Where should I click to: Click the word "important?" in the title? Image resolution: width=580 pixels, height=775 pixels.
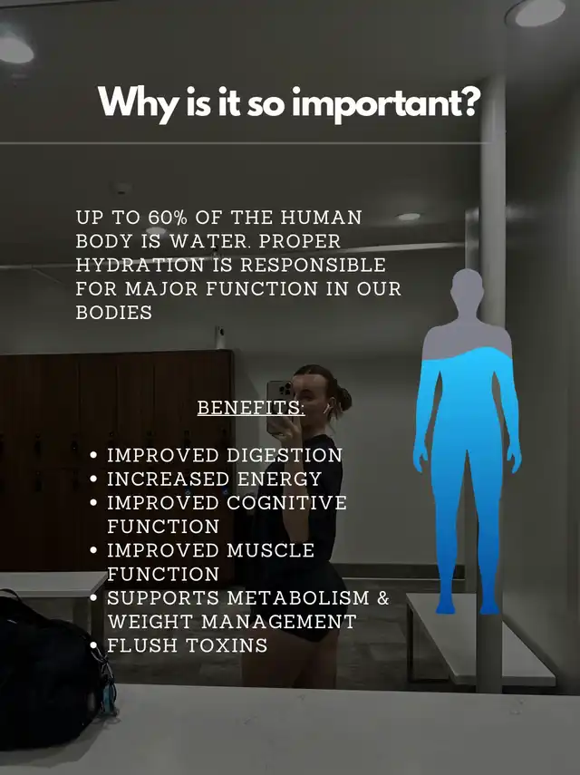tap(386, 104)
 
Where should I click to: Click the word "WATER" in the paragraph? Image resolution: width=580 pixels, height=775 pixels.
tap(209, 241)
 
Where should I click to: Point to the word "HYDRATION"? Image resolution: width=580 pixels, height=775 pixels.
tap(140, 265)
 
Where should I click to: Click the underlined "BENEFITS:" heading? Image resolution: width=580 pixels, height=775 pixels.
tap(251, 408)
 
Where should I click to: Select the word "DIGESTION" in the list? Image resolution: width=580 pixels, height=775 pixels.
tap(284, 455)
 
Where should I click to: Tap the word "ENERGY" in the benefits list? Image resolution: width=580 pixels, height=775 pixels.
tap(280, 479)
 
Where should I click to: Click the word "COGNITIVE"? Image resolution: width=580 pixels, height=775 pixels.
tap(286, 503)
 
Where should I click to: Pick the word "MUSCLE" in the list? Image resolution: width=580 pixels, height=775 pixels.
tap(270, 550)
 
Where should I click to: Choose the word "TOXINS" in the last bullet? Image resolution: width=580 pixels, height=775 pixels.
tap(227, 645)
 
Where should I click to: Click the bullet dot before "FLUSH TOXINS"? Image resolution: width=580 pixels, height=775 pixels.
tap(94, 645)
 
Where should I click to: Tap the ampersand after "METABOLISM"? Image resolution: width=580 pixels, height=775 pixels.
tap(383, 597)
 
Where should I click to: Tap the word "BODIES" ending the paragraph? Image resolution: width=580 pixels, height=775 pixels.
tap(114, 313)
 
